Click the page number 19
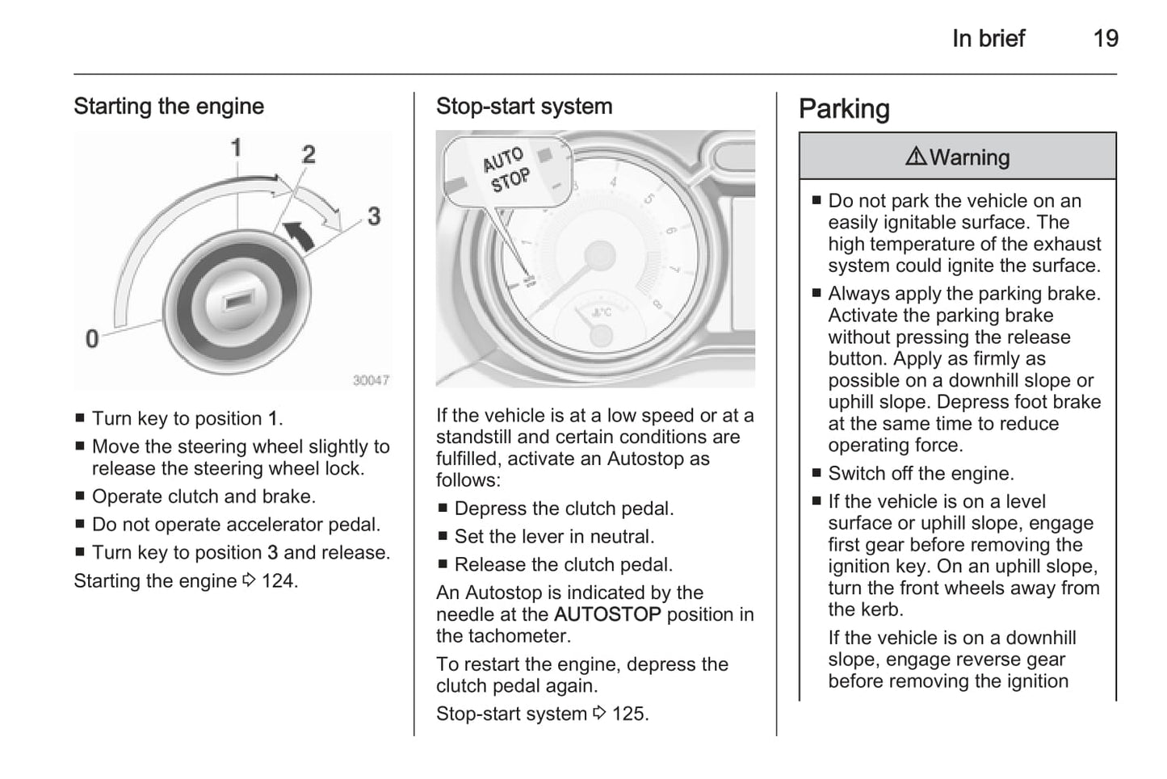[x=1105, y=38]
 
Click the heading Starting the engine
[x=169, y=107]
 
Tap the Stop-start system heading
[x=524, y=107]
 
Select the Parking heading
[x=844, y=109]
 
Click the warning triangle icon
[x=916, y=157]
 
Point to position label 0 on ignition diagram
[x=92, y=338]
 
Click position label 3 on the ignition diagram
[x=374, y=216]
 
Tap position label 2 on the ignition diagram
[x=309, y=154]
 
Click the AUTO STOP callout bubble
[x=506, y=170]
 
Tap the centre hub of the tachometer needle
[x=599, y=255]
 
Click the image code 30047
[x=371, y=380]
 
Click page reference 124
[x=279, y=581]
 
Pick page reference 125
[x=629, y=714]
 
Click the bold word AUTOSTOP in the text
[x=607, y=615]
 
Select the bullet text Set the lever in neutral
[x=554, y=537]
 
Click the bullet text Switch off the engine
[x=921, y=474]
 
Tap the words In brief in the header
[x=988, y=38]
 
